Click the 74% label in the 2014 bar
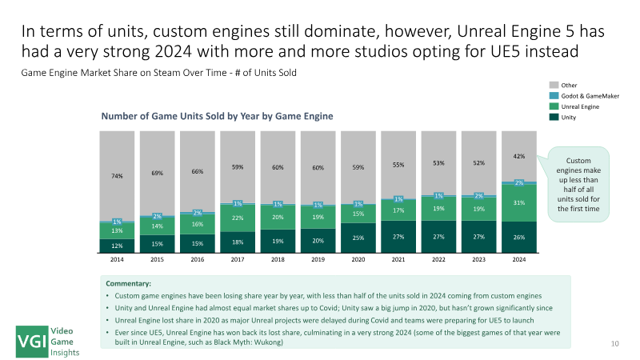pos(118,175)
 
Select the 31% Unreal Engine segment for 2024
pos(519,202)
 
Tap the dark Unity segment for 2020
pos(358,238)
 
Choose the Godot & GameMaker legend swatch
pos(554,95)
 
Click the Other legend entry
pos(569,84)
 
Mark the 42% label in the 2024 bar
pos(519,156)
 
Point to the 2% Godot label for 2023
pos(479,195)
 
